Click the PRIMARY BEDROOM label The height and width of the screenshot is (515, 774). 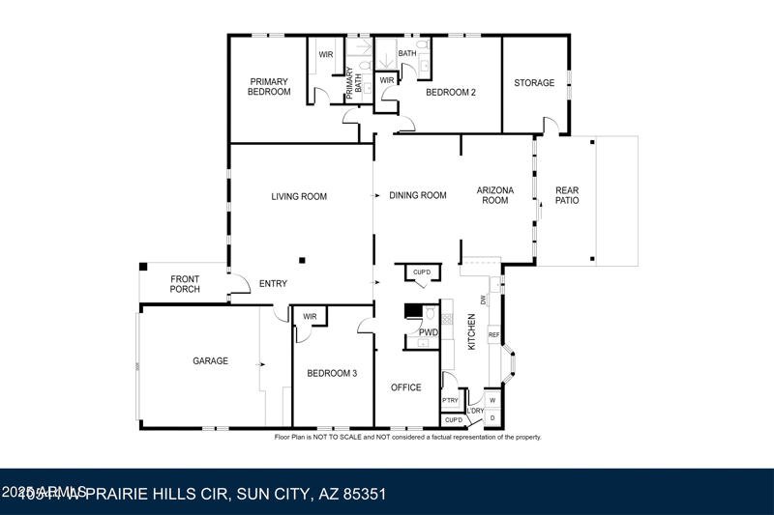pos(269,87)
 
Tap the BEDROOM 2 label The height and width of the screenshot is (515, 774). pos(452,93)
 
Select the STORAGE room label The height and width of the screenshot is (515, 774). pos(534,83)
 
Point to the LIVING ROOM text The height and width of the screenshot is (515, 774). pos(299,196)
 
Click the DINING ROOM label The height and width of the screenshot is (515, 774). pos(418,195)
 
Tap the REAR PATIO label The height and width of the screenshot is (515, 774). pos(567,196)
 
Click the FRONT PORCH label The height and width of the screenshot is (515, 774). pos(185,284)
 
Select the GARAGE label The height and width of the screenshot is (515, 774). pos(210,360)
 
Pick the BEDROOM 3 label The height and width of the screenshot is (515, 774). pos(332,373)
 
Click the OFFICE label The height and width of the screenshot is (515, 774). pos(406,387)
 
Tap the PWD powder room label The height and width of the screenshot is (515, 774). pos(429,332)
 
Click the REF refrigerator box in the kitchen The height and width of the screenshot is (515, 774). pos(493,335)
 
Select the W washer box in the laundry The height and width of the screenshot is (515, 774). pos(492,400)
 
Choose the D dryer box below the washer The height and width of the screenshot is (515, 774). pos(492,417)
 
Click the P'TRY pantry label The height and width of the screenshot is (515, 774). pos(450,400)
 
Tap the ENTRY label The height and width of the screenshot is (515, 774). pos(274,284)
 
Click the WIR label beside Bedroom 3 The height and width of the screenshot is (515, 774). pos(310,316)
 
